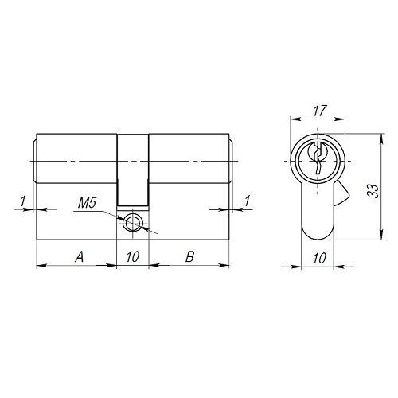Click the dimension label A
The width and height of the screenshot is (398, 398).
[80, 257]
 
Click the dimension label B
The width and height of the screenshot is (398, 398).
[189, 257]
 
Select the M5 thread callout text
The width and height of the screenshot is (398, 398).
[87, 204]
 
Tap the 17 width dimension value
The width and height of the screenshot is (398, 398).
[319, 111]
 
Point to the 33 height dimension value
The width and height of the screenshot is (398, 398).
[373, 190]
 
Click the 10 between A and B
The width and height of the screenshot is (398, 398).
[133, 257]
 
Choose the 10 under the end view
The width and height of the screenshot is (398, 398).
[319, 258]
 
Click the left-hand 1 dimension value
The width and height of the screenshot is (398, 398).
[23, 201]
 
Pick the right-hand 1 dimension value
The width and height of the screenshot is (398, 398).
[247, 201]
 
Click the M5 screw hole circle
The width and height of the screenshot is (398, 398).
[132, 223]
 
